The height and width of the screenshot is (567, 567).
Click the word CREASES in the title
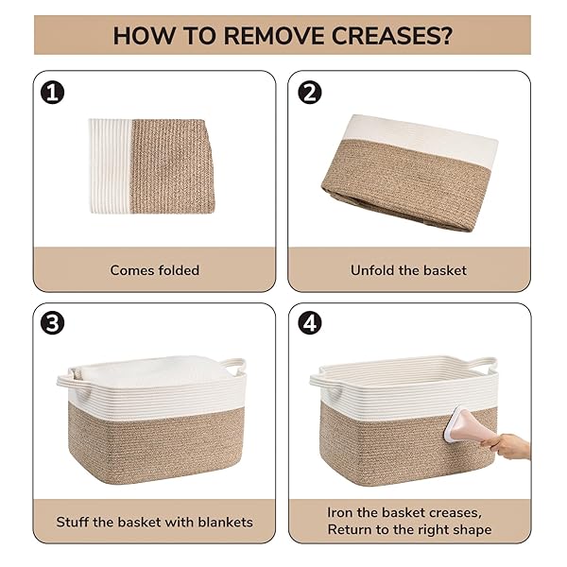tap(392, 36)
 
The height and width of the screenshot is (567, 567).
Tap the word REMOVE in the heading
tap(274, 36)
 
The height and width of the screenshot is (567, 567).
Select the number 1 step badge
tap(52, 93)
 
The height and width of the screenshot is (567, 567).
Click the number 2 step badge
tap(310, 93)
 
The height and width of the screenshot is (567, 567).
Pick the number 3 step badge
tap(52, 323)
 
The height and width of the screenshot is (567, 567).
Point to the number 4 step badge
tap(310, 323)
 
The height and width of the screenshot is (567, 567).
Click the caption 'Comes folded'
tap(155, 270)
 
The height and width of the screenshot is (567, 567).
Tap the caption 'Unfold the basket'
tap(408, 270)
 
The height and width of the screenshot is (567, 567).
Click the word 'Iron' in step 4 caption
tap(340, 513)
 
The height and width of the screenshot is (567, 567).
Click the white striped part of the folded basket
tap(111, 166)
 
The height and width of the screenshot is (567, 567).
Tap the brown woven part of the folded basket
tap(173, 166)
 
